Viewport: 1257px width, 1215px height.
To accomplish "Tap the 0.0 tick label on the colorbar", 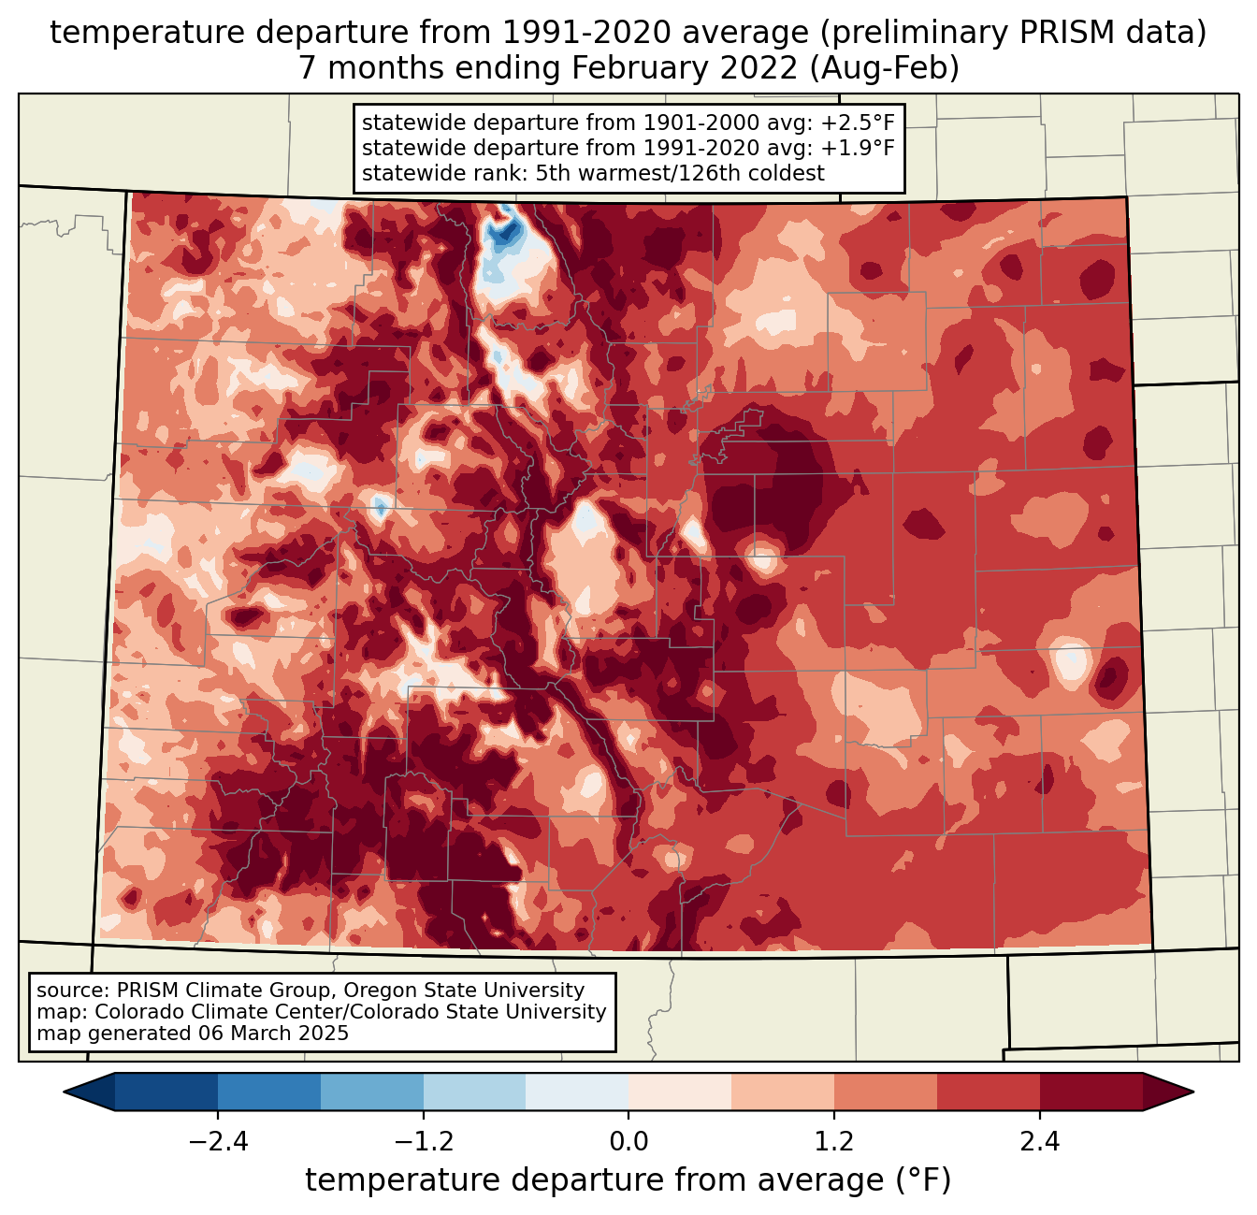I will pos(628,1142).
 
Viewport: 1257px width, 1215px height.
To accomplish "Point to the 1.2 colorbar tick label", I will pos(834,1142).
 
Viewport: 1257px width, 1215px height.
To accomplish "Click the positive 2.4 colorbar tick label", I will pos(1040,1142).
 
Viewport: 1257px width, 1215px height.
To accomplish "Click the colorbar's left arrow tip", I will pos(66,1092).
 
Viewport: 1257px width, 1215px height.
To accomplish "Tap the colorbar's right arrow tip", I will pos(1192,1092).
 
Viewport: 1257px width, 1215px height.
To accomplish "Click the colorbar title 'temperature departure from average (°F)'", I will pos(628,1180).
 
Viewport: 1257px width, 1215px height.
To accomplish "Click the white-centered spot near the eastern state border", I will pos(1069,660).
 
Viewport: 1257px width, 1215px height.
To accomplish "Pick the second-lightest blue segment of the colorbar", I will pos(475,1092).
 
